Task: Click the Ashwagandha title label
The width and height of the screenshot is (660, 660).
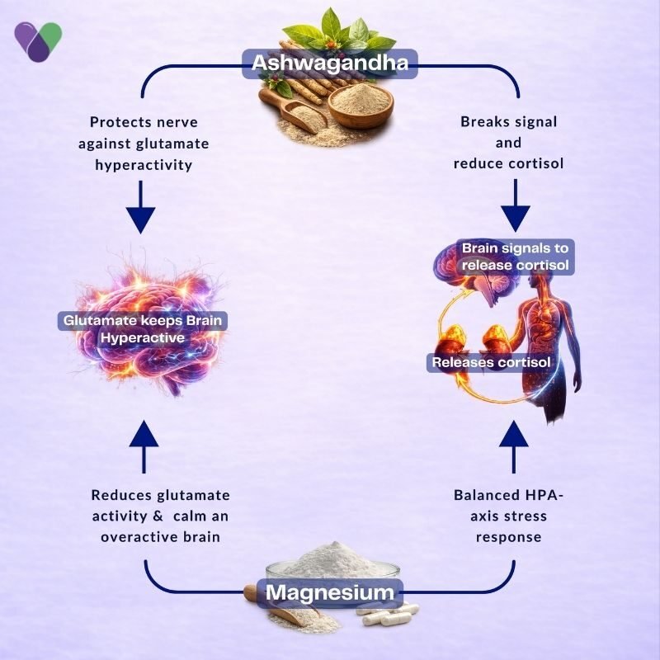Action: [x=330, y=64]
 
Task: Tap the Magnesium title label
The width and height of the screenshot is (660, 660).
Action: [x=330, y=592]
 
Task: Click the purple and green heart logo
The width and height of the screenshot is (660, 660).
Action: [x=38, y=42]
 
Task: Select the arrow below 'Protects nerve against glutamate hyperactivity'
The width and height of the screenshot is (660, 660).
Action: [x=140, y=207]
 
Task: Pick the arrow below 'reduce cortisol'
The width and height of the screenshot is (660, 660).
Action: [x=515, y=205]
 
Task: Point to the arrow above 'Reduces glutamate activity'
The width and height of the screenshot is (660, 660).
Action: [x=144, y=446]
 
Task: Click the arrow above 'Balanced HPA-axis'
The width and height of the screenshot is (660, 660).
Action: [x=513, y=446]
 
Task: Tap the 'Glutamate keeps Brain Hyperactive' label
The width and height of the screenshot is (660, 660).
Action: [x=143, y=329]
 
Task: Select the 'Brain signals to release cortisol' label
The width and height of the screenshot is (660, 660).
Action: [x=515, y=257]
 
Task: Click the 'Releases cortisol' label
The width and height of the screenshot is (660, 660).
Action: [x=491, y=362]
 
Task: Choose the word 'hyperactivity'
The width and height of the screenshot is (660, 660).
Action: [x=144, y=164]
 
